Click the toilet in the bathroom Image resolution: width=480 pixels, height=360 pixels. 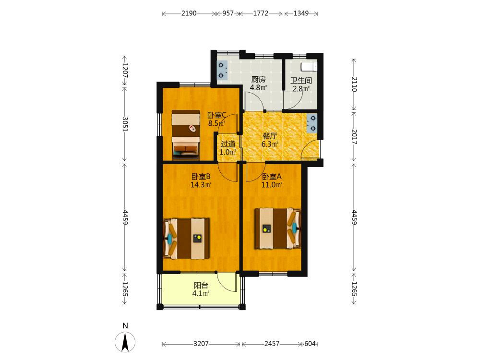[309, 66]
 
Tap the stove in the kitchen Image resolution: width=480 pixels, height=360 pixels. [222, 70]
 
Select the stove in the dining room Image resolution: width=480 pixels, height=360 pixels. [312, 123]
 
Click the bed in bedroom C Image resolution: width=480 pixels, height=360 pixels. [186, 135]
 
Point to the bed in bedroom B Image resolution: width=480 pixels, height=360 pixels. [186, 239]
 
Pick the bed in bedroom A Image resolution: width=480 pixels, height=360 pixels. [277, 228]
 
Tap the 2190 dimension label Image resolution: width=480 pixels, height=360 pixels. [189, 13]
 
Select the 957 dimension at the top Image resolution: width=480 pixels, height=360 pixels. [228, 13]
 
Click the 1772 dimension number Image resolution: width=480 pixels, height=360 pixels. [261, 13]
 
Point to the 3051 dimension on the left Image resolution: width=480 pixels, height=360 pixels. [125, 124]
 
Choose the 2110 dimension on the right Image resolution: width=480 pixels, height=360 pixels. [354, 84]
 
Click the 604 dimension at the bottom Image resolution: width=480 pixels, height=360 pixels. [310, 344]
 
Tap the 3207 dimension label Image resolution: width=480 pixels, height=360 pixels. [201, 344]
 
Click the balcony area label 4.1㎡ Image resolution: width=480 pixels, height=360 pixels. [201, 294]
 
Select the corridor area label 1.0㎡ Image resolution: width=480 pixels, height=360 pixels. [228, 152]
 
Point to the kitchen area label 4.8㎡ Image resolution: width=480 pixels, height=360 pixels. [258, 87]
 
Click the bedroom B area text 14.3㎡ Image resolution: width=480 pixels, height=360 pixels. [201, 185]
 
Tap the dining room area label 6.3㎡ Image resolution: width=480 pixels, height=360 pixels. [270, 144]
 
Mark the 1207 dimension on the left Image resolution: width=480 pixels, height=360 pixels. [125, 71]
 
